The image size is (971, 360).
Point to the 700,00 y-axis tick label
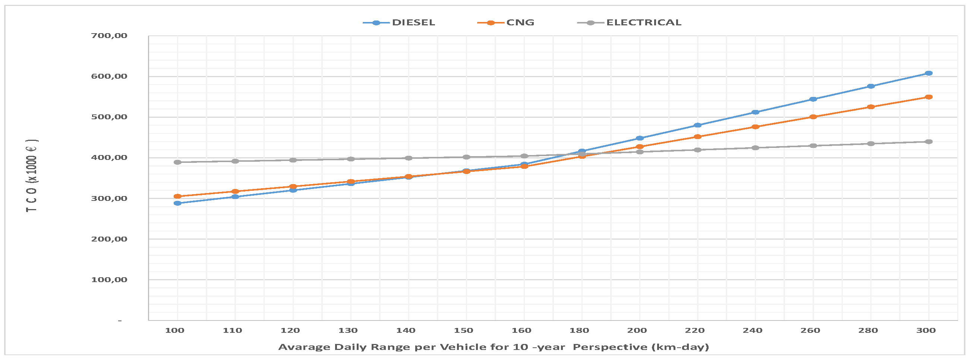click(109, 36)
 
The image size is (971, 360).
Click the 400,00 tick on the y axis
click(109, 158)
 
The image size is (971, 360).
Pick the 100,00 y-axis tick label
click(109, 280)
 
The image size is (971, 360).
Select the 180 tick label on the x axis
click(579, 331)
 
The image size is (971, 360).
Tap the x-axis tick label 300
click(926, 331)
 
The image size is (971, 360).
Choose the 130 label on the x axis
click(348, 331)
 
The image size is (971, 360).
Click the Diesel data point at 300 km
click(929, 73)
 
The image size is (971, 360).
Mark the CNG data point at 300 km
click(929, 97)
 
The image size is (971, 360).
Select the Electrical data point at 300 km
click(929, 142)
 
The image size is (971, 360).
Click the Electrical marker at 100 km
click(177, 162)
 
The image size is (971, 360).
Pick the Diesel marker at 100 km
click(177, 203)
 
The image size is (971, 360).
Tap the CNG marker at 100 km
click(177, 196)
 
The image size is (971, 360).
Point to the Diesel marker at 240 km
click(755, 112)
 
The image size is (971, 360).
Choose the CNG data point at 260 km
click(813, 117)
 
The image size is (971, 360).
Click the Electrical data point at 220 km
click(697, 150)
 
